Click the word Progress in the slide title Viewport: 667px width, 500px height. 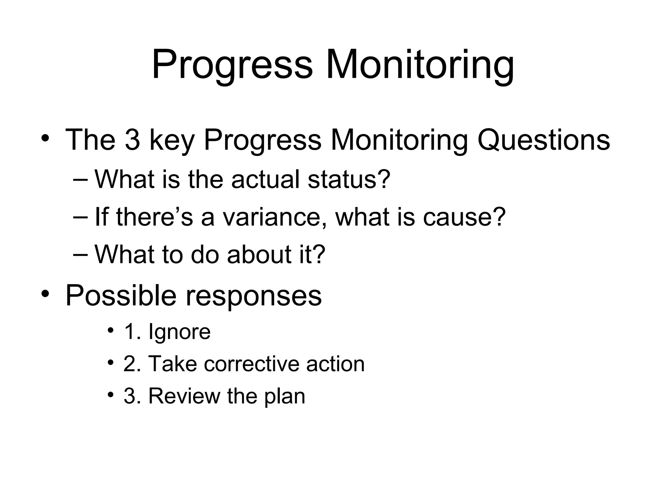coord(232,65)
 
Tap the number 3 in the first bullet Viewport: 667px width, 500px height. coord(132,140)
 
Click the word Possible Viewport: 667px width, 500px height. coord(121,296)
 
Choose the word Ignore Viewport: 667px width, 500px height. coord(179,332)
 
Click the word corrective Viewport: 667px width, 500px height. coord(251,364)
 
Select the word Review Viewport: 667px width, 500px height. coord(184,396)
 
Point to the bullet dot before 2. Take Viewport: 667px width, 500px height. coord(111,362)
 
